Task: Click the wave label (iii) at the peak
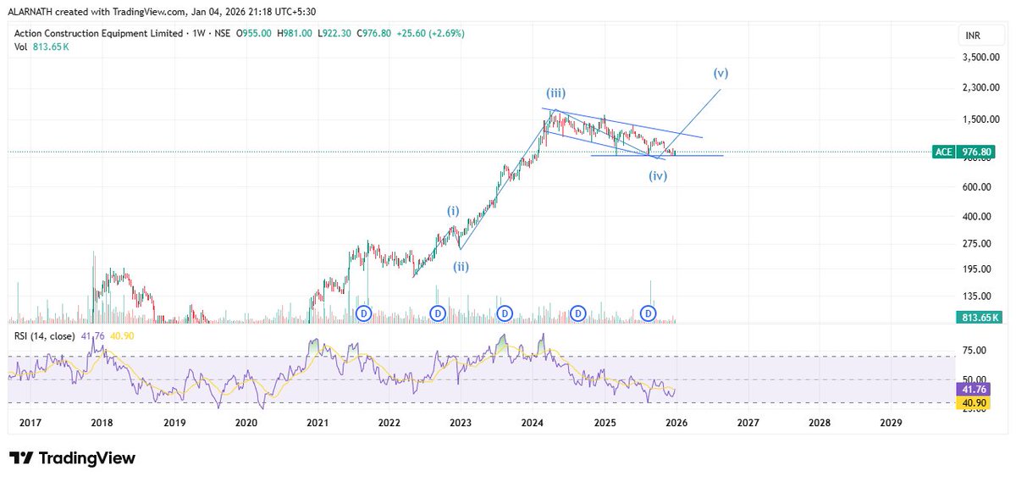pyautogui.click(x=555, y=93)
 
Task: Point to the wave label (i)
pyautogui.click(x=455, y=210)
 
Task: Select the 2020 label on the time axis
pyautogui.click(x=246, y=422)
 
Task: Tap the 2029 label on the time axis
pyautogui.click(x=891, y=422)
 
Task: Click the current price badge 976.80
pyautogui.click(x=975, y=152)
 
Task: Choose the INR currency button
pyautogui.click(x=973, y=36)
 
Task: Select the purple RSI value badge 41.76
pyautogui.click(x=972, y=389)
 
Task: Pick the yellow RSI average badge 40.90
pyautogui.click(x=972, y=403)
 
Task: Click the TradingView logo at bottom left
pyautogui.click(x=73, y=458)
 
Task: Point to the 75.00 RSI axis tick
pyautogui.click(x=966, y=350)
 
